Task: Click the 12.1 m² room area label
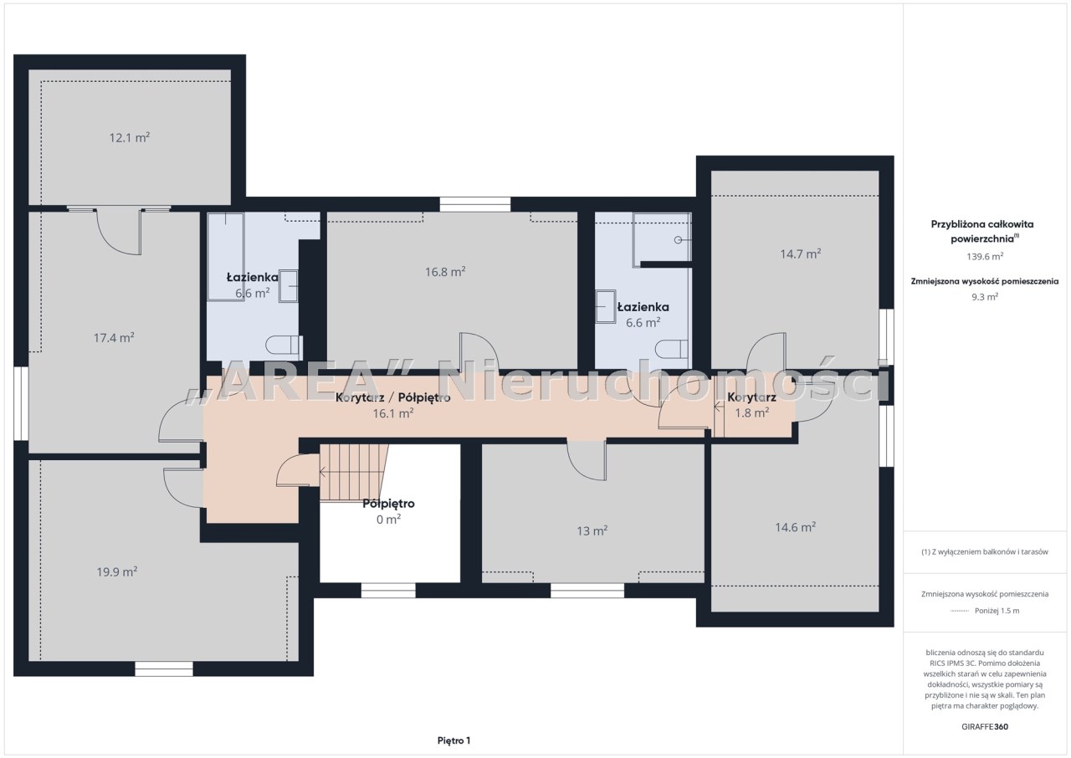(x=130, y=138)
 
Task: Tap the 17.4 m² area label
(x=114, y=338)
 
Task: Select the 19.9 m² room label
(x=117, y=571)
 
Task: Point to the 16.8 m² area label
(x=445, y=272)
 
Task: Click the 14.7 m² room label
(x=801, y=254)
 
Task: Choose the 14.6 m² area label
(x=795, y=527)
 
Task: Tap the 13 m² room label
(x=592, y=531)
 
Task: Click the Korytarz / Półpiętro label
(x=393, y=397)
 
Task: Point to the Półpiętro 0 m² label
(x=388, y=511)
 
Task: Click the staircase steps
(x=353, y=473)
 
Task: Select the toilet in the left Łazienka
(x=284, y=345)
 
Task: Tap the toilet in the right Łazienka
(x=672, y=349)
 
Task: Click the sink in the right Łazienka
(x=605, y=306)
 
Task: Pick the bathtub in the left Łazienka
(x=226, y=256)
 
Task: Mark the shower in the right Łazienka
(x=662, y=237)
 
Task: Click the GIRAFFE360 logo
(x=985, y=726)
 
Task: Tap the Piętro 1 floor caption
(x=454, y=740)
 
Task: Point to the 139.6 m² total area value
(x=985, y=256)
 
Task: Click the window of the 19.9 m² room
(x=163, y=668)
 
